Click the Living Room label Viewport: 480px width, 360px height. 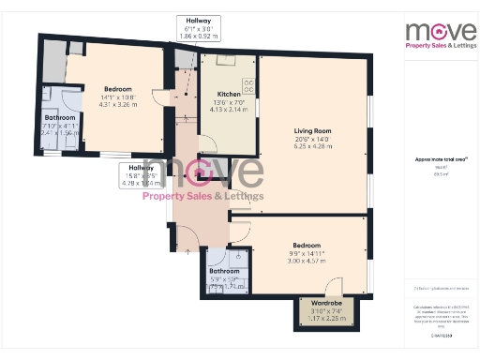tap(312, 131)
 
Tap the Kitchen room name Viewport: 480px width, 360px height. tap(230, 95)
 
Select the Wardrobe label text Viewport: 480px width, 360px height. tap(321, 304)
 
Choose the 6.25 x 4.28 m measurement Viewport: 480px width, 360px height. tap(312, 147)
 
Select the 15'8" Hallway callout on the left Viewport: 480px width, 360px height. tap(144, 175)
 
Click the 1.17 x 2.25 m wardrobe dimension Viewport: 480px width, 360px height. tap(321, 319)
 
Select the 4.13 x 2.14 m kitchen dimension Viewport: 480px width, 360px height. tap(230, 110)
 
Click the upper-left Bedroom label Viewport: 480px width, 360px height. tap(118, 88)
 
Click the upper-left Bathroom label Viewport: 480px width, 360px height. tap(58, 117)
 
